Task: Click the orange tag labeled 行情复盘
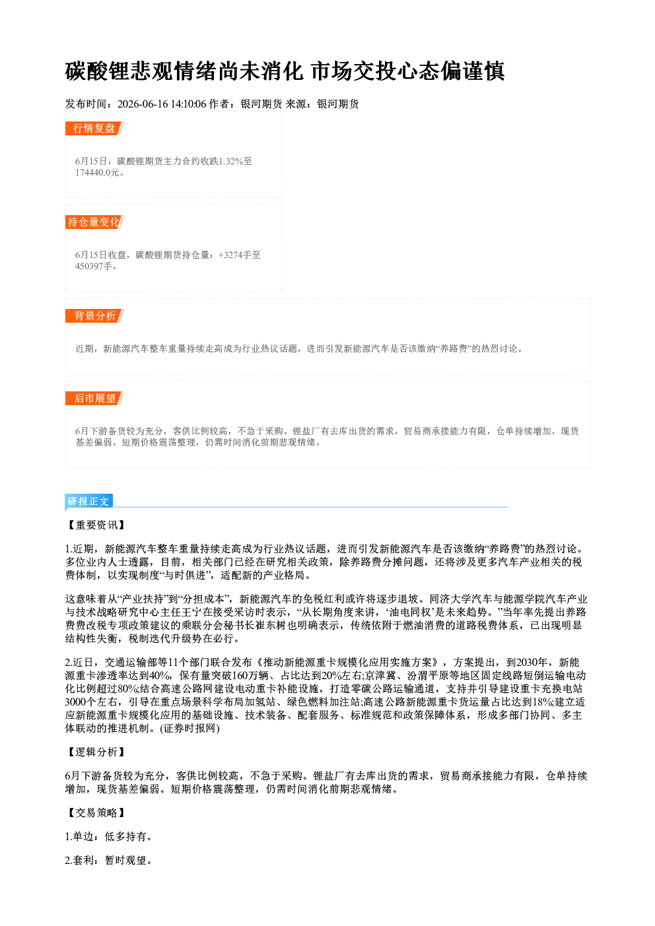[94, 128]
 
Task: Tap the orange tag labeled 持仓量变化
[94, 222]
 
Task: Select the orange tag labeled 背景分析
[94, 316]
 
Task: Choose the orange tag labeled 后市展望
[94, 399]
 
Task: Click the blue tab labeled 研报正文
[89, 501]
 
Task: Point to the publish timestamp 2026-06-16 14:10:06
[162, 104]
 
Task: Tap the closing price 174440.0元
[98, 172]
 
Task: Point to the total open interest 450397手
[94, 266]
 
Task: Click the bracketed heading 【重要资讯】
[96, 525]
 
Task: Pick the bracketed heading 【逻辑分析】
[96, 752]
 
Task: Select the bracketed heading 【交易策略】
[96, 812]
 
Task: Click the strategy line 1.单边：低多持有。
[110, 836]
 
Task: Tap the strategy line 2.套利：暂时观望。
[110, 860]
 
